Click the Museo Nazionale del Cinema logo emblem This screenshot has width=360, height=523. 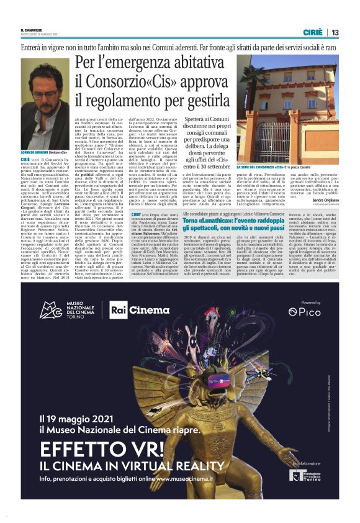point(50,310)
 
